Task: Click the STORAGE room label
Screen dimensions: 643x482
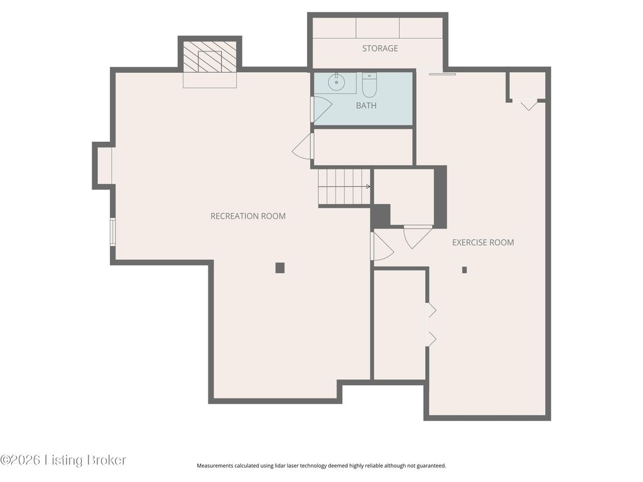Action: pyautogui.click(x=380, y=48)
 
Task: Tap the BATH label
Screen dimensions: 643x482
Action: pyautogui.click(x=366, y=105)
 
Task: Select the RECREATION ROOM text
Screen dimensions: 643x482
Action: pyautogui.click(x=248, y=216)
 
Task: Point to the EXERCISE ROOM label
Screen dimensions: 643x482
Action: pyautogui.click(x=483, y=242)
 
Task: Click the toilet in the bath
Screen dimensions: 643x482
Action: pyautogui.click(x=369, y=84)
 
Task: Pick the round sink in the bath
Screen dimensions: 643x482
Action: pyautogui.click(x=337, y=83)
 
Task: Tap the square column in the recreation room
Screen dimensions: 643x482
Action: pyautogui.click(x=280, y=268)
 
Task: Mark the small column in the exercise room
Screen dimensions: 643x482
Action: pyautogui.click(x=465, y=270)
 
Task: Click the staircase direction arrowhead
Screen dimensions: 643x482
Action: pyautogui.click(x=368, y=187)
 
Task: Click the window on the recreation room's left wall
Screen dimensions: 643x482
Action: pyautogui.click(x=113, y=232)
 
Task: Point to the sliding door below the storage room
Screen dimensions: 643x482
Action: pyautogui.click(x=443, y=74)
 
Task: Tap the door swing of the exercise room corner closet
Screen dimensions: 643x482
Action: pyautogui.click(x=529, y=105)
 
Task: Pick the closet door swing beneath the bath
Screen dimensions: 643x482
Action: pyautogui.click(x=302, y=147)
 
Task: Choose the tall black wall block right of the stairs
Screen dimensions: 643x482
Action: pyautogui.click(x=440, y=196)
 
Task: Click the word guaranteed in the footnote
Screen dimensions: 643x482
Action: pyautogui.click(x=432, y=466)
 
